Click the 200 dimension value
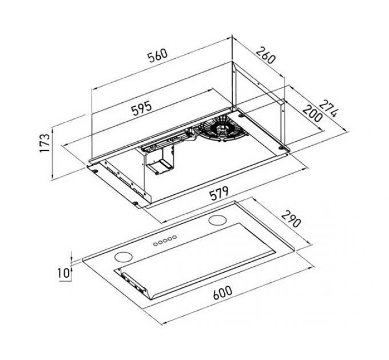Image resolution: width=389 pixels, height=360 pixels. click(311, 117)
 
